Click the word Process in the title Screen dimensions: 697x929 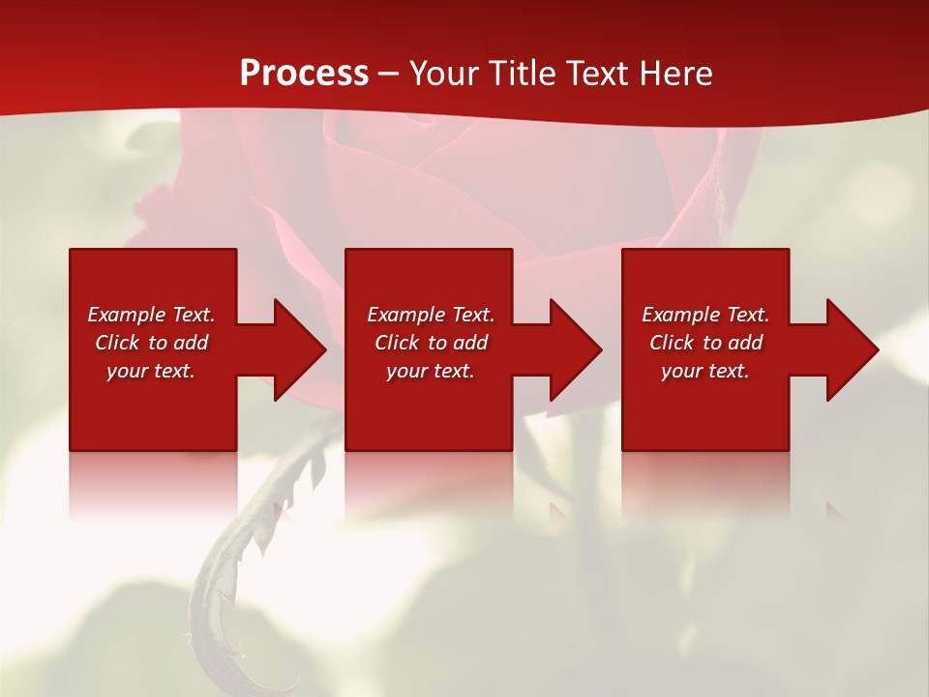(x=304, y=73)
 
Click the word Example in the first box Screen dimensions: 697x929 (x=127, y=315)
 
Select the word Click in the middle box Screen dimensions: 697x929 (x=397, y=343)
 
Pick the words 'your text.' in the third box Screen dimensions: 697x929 (x=704, y=371)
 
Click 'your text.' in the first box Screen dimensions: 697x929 (x=150, y=371)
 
